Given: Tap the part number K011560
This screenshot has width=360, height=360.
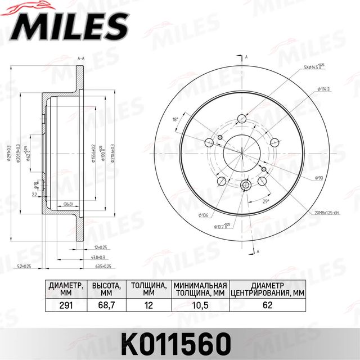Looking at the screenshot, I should point(179,341).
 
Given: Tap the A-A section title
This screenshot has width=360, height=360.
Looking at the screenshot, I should point(80,58).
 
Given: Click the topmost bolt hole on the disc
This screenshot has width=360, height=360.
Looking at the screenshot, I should point(242,119).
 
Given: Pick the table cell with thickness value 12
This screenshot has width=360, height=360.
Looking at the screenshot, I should point(148,306).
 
